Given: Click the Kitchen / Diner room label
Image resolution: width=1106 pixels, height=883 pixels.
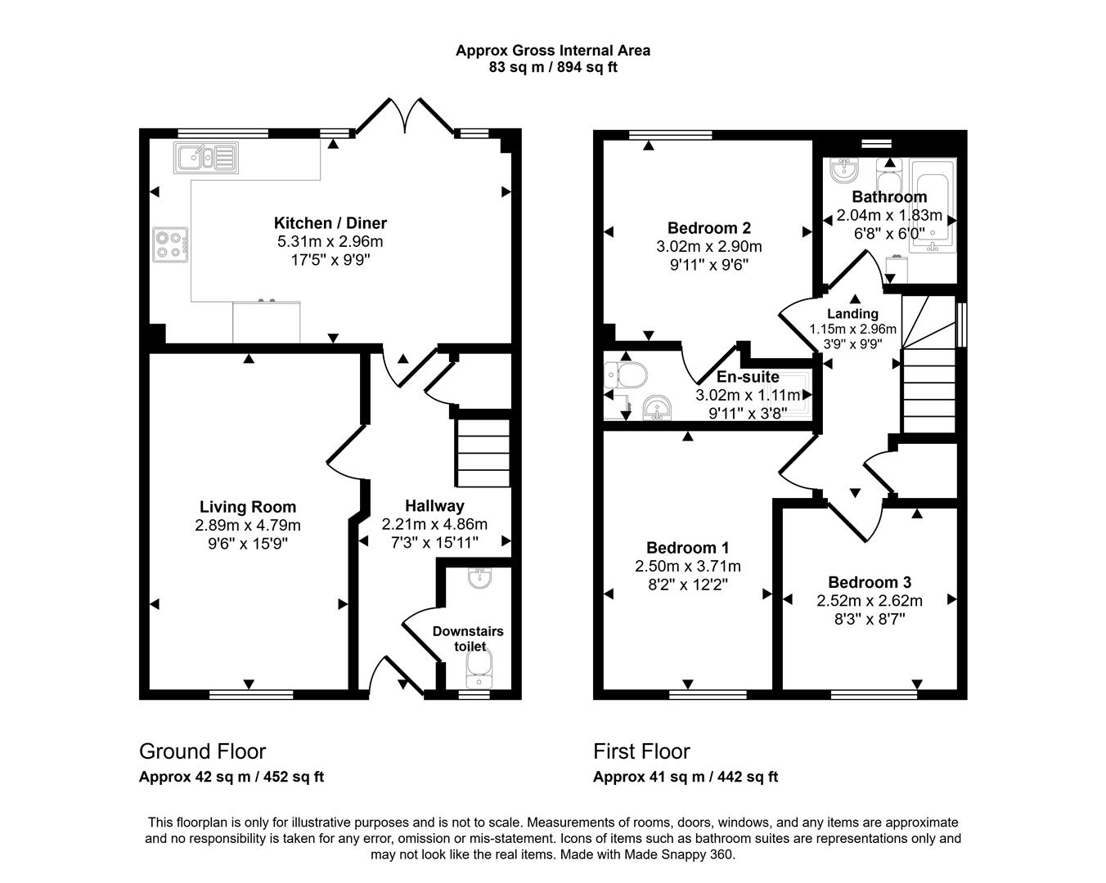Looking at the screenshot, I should click(330, 223).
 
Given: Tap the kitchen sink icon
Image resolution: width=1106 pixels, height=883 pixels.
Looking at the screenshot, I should click(205, 157).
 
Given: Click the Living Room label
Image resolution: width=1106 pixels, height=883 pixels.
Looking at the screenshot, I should click(248, 507).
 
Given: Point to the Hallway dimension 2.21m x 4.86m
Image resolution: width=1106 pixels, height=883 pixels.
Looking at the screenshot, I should click(434, 524).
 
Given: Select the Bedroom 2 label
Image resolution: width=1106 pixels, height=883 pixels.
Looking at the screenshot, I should click(708, 228).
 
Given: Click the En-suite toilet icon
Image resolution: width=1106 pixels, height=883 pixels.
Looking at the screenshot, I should click(626, 375).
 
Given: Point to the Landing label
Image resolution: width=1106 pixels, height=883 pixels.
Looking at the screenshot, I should click(852, 314).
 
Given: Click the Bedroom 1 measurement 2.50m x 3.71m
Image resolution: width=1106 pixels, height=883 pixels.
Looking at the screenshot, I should click(687, 567).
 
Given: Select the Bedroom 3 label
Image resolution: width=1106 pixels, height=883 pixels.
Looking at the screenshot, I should click(869, 582).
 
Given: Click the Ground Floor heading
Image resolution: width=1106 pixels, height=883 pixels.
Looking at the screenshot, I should click(202, 751).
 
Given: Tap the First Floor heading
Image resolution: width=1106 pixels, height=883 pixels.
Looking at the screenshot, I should click(641, 751).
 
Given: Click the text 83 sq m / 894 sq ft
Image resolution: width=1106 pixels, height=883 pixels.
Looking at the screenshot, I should click(553, 68).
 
